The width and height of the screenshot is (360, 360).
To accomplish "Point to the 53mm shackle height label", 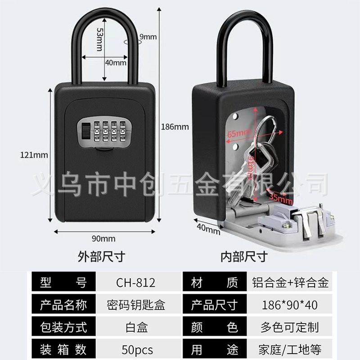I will coord(99,39).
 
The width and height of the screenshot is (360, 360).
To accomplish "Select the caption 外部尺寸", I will coord(101,257).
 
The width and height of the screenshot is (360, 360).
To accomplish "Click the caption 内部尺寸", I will coord(244,257).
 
